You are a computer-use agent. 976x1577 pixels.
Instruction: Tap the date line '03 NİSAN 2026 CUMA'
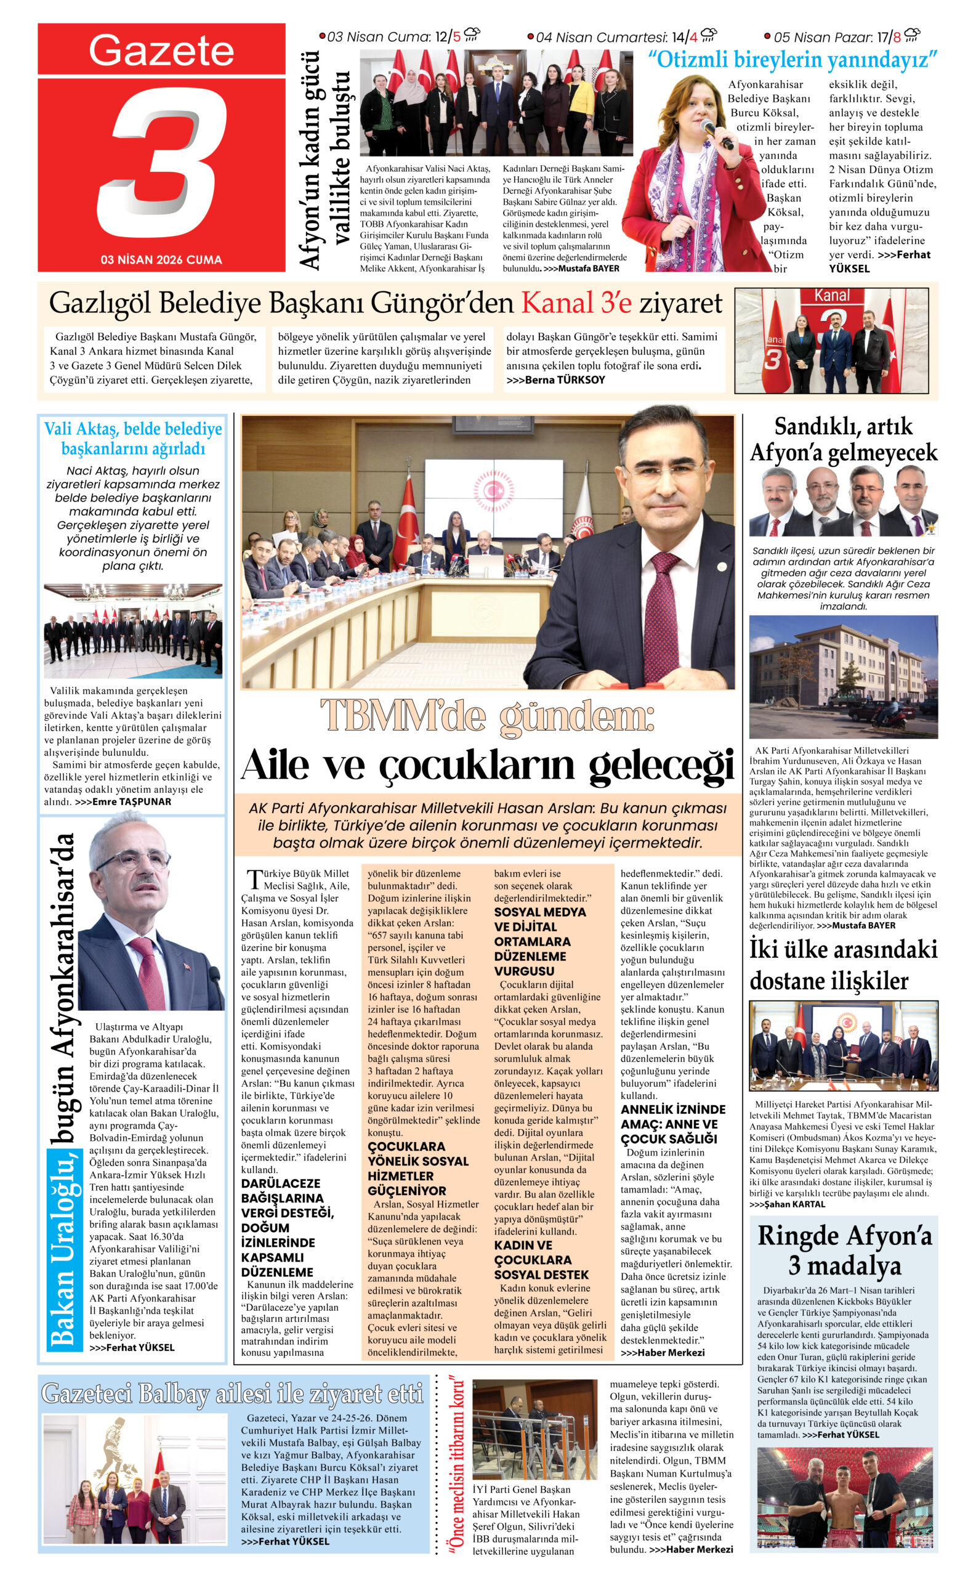click(x=161, y=259)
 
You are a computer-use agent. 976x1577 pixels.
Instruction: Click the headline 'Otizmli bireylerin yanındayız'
click(x=792, y=60)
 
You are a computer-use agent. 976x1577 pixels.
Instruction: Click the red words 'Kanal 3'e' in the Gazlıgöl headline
click(x=576, y=303)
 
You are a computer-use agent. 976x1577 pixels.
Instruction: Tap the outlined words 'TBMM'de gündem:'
click(x=487, y=716)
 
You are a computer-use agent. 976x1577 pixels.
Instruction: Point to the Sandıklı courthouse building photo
click(x=843, y=676)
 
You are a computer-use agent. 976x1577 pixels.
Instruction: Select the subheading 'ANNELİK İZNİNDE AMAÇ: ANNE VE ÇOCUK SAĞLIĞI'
click(x=672, y=1124)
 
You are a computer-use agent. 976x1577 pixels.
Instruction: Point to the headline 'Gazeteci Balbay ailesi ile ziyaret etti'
click(x=232, y=1393)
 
